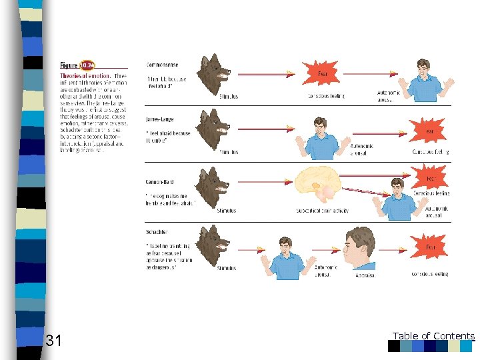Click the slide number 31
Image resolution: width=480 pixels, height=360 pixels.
[53, 341]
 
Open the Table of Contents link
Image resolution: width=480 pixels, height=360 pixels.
[433, 336]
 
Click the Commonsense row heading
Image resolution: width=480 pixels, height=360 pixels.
[163, 65]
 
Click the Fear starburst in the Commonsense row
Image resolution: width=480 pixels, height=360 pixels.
[322, 73]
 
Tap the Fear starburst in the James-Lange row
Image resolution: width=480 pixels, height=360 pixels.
[429, 131]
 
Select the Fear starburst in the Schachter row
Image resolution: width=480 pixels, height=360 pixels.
[431, 247]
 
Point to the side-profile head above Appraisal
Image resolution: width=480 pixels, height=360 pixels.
[360, 248]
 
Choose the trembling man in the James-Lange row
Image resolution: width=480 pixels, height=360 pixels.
[321, 137]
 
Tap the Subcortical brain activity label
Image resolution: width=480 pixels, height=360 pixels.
[322, 211]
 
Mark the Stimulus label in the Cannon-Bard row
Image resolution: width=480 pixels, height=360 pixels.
[227, 211]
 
